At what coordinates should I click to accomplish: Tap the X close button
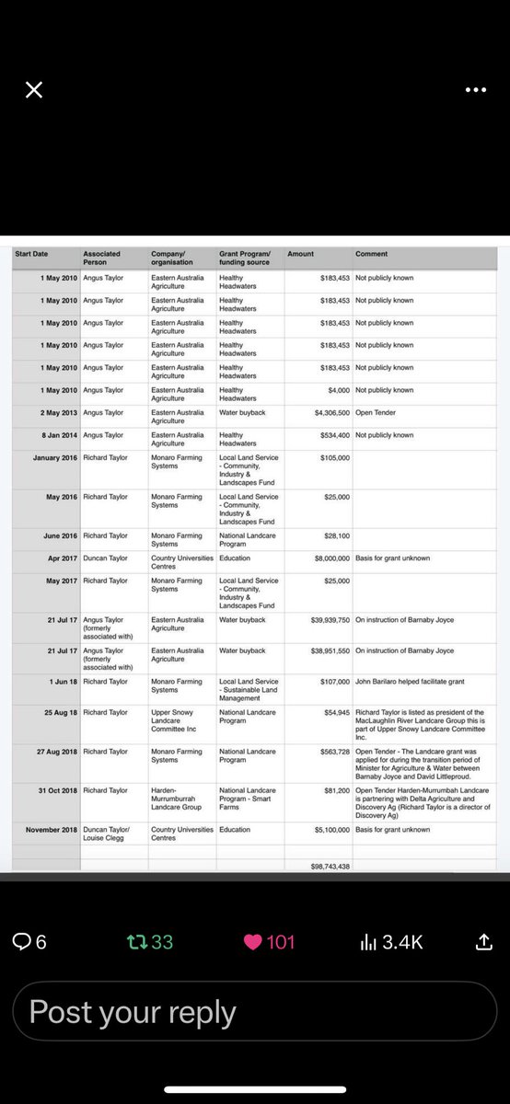click(33, 89)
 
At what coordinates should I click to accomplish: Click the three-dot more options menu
click(475, 90)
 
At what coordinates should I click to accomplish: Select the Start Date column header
click(31, 254)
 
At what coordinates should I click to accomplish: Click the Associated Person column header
click(101, 258)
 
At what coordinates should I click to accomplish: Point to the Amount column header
click(300, 254)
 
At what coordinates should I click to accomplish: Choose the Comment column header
click(371, 254)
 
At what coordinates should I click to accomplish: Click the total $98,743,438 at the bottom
click(330, 867)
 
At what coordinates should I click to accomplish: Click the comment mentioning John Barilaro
click(403, 682)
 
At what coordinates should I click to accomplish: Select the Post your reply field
click(254, 1012)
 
